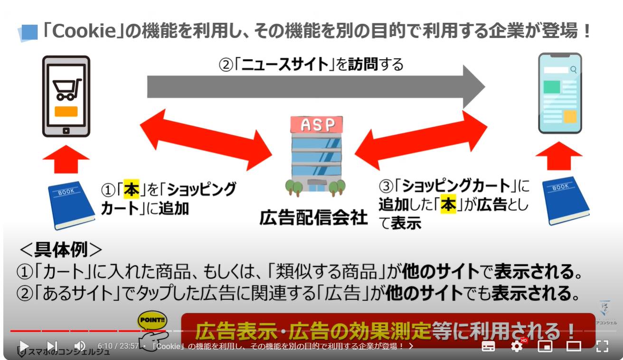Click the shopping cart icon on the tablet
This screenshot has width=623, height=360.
tap(66, 89)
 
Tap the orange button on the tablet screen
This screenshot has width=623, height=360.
tap(66, 112)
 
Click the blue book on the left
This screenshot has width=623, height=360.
tap(71, 203)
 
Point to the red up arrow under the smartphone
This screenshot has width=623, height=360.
tap(559, 155)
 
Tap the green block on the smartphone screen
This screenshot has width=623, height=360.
tap(552, 87)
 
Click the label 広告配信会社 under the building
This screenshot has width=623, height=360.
tap(313, 218)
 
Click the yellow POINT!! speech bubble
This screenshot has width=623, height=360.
tap(151, 321)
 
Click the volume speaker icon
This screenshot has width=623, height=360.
tap(80, 346)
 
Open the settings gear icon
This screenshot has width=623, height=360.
tap(517, 346)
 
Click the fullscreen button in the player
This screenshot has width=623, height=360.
tap(602, 346)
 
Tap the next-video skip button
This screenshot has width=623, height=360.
tap(52, 346)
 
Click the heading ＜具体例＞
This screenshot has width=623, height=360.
tap(60, 249)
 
